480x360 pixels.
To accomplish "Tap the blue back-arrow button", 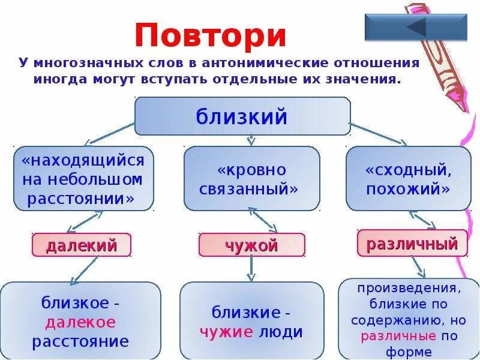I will [x=416, y=27].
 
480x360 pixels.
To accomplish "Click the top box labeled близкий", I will [x=242, y=116].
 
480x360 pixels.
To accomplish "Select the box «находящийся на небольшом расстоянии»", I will [x=83, y=179].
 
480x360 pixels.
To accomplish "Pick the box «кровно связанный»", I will [x=251, y=179].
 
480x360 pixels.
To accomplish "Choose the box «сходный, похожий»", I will [x=408, y=179].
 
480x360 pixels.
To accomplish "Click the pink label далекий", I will [x=81, y=245].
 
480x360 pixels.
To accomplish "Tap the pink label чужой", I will [x=251, y=245].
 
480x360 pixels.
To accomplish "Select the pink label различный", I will [x=412, y=244].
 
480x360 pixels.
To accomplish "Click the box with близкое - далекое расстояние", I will [x=81, y=320].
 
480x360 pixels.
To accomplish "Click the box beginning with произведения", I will [x=408, y=319].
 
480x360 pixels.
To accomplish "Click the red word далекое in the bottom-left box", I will [x=80, y=322].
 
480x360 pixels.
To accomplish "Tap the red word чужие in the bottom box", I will [x=226, y=332].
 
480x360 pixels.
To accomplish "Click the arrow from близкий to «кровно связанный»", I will [x=251, y=140].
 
